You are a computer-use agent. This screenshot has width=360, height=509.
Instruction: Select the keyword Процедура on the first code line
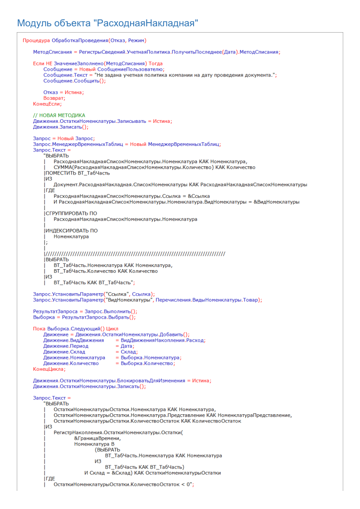[36, 41]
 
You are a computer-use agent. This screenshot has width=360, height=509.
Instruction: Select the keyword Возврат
[54, 98]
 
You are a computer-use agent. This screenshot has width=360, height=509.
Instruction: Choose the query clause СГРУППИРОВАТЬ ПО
[71, 213]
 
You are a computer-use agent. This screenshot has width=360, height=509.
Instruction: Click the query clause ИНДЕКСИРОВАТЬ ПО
[72, 231]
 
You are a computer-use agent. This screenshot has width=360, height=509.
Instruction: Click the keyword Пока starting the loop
[39, 329]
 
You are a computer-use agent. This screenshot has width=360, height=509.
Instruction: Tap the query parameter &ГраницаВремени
[97, 438]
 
